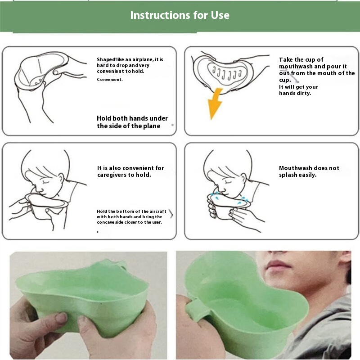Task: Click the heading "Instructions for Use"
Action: [x=180, y=15]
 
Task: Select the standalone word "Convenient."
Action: [x=110, y=80]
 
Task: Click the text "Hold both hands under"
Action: [x=132, y=118]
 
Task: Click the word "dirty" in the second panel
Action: [x=303, y=93]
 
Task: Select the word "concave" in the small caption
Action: [x=105, y=222]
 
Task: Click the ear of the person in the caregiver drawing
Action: [x=61, y=179]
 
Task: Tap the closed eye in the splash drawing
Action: [x=228, y=182]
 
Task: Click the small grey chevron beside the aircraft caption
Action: [x=171, y=214]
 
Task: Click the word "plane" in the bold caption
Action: [x=152, y=126]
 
